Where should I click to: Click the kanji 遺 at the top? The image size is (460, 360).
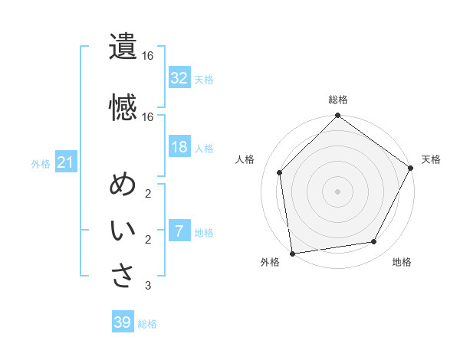pos(123,47)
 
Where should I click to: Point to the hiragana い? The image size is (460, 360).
pos(123,231)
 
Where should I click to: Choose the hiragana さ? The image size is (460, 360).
pos(123,276)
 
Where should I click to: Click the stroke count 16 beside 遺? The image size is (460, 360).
pos(148,56)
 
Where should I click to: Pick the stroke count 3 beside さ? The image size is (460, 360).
pos(148,286)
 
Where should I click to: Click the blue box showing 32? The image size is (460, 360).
pos(179,77)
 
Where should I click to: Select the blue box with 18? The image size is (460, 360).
pos(179,147)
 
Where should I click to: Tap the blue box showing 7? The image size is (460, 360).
pos(179,231)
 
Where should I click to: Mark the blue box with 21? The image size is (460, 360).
pos(65,162)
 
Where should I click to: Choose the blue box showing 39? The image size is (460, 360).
pos(123,323)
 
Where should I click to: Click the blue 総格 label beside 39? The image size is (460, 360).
pos(147,324)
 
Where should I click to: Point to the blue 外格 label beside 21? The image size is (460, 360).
pos(41,163)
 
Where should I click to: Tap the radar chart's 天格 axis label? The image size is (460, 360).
pos(431,159)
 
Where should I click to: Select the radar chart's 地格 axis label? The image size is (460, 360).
pos(402,263)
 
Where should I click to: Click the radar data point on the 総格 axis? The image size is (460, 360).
pos(337,116)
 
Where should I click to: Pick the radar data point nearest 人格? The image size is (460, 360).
pos(280,172)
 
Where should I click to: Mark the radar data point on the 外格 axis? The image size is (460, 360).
pos(293,252)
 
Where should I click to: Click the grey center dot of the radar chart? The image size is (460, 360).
pos(337,191)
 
